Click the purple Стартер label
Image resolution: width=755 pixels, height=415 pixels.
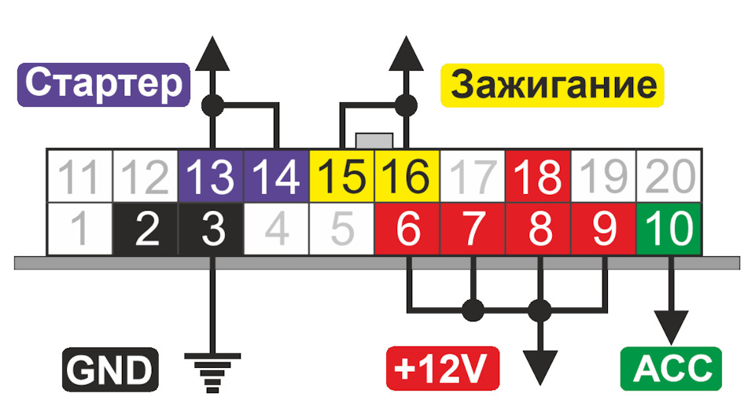(105, 85)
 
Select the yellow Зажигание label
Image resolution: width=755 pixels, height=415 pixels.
(554, 85)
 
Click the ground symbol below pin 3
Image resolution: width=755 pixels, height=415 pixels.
(212, 366)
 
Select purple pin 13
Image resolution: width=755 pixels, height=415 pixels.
(212, 176)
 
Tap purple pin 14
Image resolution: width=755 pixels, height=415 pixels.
(277, 176)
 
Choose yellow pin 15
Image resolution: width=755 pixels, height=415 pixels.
(342, 176)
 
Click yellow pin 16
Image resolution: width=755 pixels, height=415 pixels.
(407, 176)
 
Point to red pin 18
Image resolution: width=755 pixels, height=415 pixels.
(537, 176)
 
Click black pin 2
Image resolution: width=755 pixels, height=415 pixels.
(146, 228)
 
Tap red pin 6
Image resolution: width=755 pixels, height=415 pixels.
(407, 228)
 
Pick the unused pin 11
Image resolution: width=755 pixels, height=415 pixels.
(80, 176)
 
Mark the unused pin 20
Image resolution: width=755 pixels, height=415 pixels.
(668, 176)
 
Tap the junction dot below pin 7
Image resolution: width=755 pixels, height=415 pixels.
(473, 310)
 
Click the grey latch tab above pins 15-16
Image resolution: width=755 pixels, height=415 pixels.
(374, 141)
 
